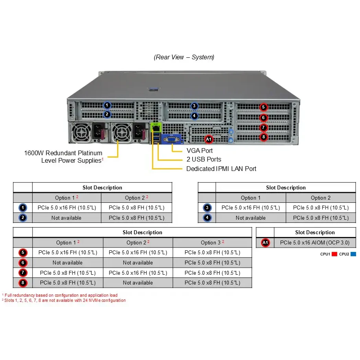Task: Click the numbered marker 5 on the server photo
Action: click(264, 107)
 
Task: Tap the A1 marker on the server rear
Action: click(209, 139)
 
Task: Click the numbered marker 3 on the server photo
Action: click(194, 106)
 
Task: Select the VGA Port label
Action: click(200, 151)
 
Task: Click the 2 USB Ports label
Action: click(204, 159)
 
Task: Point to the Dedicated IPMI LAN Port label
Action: click(221, 169)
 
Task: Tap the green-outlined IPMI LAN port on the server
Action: click(156, 127)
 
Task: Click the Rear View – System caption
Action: click(184, 57)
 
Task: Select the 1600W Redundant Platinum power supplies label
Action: click(64, 156)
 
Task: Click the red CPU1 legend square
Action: click(334, 254)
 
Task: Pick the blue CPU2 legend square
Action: click(353, 254)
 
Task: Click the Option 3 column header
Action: click(212, 242)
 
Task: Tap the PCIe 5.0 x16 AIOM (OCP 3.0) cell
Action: click(314, 243)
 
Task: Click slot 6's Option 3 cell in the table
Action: click(212, 263)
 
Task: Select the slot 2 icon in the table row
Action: click(23, 218)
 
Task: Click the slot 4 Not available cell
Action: click(250, 218)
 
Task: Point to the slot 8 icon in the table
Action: click(23, 283)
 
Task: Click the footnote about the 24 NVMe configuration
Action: click(64, 301)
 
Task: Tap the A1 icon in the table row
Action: click(265, 243)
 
